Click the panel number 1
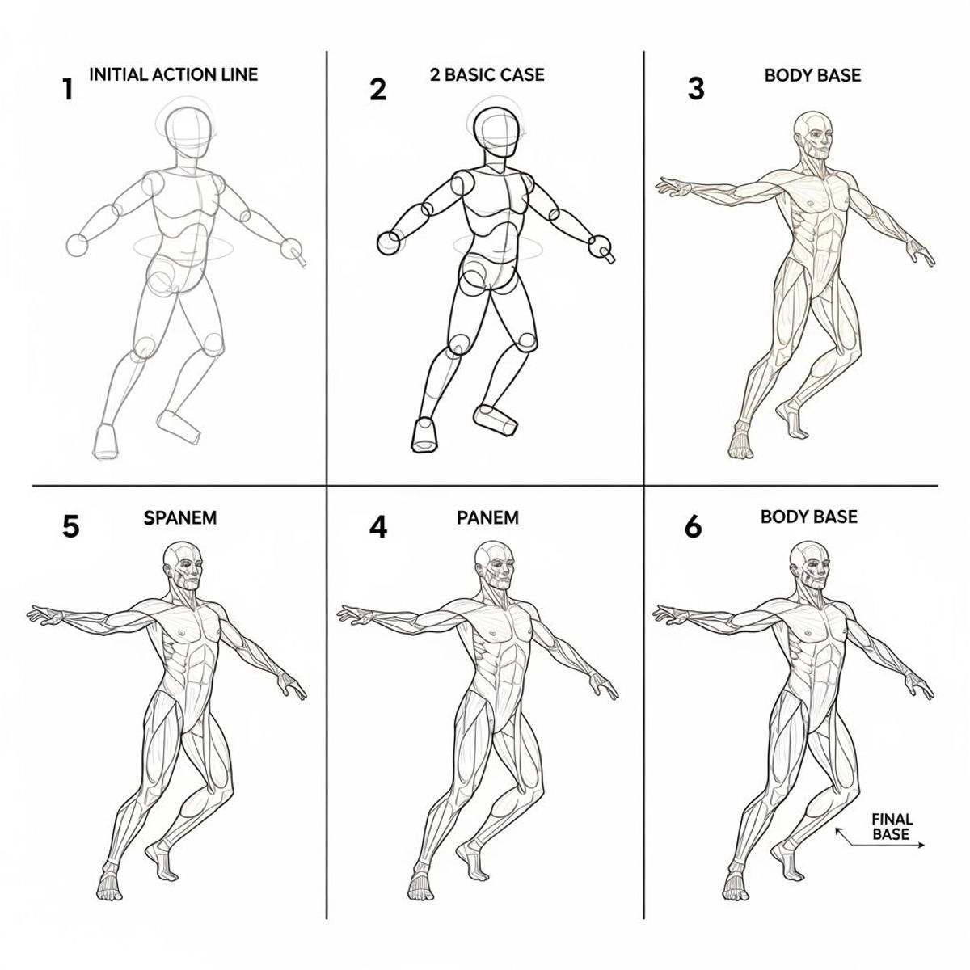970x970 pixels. tap(67, 89)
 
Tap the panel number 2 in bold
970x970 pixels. tap(377, 89)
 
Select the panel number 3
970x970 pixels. tap(696, 89)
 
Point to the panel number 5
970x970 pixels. tap(70, 526)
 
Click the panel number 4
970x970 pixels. tap(377, 526)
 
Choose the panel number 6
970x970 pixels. tap(693, 526)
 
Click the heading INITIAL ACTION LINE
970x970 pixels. tap(173, 74)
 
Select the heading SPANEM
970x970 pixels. tap(180, 517)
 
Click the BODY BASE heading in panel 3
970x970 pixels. tap(812, 75)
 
